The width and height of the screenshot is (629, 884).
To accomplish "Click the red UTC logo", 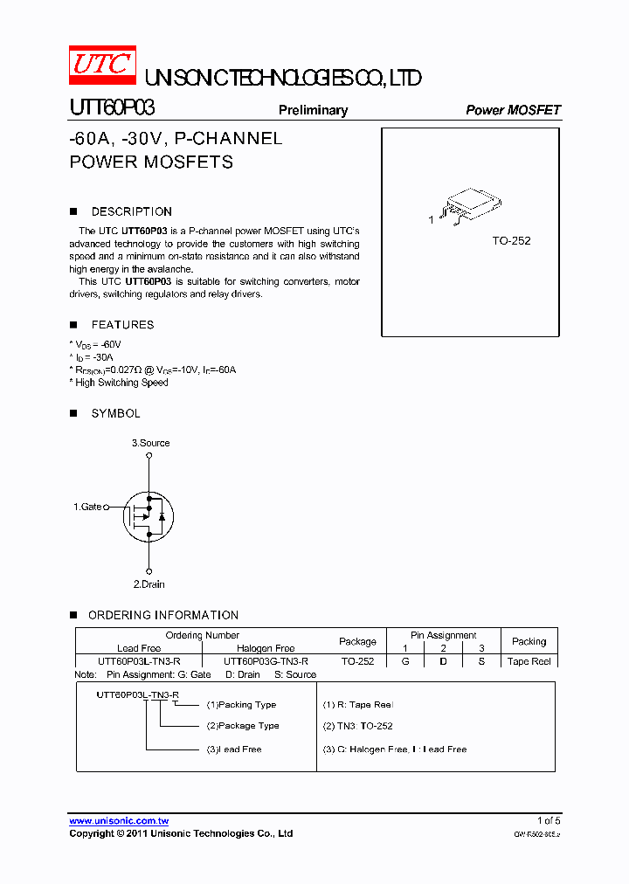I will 102,65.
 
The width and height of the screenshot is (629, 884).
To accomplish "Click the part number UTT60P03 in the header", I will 112,108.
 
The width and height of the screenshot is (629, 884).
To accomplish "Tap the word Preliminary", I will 313,110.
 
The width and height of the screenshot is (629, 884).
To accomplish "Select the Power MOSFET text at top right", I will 513,110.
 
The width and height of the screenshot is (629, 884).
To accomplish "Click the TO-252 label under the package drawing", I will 511,240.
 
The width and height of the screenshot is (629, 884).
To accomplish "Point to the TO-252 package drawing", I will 469,205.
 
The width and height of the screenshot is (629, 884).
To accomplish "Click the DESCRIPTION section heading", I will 131,211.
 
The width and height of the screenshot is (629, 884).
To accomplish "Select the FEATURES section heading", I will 122,325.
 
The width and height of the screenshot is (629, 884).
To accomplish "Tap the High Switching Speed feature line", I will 121,383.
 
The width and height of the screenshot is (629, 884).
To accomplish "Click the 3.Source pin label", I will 151,443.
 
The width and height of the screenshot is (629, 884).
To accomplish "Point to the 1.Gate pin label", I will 87,507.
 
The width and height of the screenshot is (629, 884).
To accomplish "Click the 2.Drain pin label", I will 149,584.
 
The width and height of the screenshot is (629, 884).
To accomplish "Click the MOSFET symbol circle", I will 149,515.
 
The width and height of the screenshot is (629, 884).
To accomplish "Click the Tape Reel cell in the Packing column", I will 529,661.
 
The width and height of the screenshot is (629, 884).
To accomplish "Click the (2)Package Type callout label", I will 243,726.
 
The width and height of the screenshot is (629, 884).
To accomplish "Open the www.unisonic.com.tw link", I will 119,821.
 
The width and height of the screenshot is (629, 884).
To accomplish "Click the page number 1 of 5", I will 548,821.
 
